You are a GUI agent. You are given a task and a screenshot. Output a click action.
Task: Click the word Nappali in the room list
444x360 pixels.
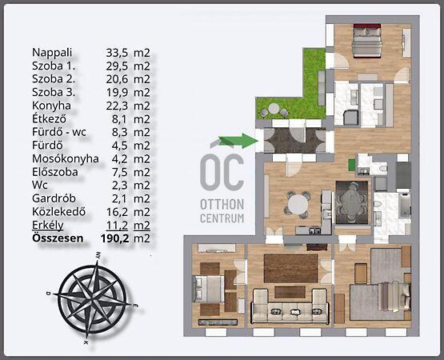tap(52, 53)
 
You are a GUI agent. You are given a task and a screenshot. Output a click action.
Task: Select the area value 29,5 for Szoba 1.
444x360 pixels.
tap(117, 66)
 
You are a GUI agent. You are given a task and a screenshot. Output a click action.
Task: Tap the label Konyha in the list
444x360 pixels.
tap(51, 106)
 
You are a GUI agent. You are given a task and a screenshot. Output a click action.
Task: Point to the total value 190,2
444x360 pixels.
tap(115, 238)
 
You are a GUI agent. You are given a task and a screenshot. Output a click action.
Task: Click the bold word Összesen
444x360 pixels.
tap(58, 238)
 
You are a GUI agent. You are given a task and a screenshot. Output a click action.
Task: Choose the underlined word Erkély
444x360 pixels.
tap(47, 225)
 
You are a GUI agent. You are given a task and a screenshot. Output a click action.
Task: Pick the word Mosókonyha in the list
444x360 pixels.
tap(66, 158)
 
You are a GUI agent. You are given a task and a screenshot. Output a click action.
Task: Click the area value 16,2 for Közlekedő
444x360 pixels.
tap(117, 212)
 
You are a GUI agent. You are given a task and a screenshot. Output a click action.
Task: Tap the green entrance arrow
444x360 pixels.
tap(238, 141)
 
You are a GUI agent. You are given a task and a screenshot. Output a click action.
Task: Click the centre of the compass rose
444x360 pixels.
tap(92, 297)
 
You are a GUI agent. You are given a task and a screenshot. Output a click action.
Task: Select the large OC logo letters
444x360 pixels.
tap(222, 172)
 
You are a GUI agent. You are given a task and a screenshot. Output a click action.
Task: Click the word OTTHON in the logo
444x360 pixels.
tap(222, 205)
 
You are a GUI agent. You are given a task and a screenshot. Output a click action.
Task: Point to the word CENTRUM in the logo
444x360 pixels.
tap(222, 218)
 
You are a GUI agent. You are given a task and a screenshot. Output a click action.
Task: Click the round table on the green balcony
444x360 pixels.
tap(274, 109)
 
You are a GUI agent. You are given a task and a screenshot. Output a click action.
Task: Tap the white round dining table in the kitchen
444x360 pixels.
tap(298, 204)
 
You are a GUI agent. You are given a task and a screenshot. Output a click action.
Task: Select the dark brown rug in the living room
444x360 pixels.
tap(290, 268)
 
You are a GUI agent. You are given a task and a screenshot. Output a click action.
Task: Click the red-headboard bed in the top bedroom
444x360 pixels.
tap(367, 41)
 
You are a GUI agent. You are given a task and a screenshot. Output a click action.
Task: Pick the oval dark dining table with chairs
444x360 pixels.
tap(352, 202)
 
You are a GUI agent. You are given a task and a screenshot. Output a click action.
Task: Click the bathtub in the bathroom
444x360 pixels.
tap(405, 205)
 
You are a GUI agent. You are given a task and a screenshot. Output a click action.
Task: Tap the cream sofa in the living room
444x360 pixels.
tap(290, 306)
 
